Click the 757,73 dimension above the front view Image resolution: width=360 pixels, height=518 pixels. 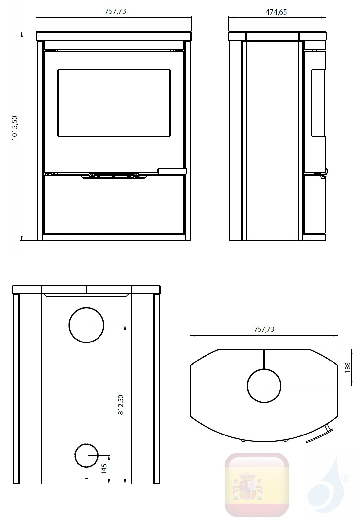point(115,11)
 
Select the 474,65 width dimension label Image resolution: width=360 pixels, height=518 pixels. point(276,12)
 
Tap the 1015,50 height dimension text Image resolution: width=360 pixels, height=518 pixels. point(15,128)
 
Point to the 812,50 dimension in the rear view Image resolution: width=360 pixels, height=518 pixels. point(121,405)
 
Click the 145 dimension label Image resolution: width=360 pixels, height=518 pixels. point(104,469)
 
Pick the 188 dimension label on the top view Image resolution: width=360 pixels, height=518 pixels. point(348,367)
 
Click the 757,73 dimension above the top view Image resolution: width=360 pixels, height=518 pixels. point(264,329)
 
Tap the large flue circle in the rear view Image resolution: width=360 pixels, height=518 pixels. point(86,325)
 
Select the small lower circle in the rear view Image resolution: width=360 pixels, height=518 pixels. point(86,455)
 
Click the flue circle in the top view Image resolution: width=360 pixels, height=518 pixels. point(264,386)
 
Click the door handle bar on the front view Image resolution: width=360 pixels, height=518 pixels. point(172,171)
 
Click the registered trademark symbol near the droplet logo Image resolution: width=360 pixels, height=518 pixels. point(345,479)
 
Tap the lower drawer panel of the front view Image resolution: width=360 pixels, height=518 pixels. point(114,205)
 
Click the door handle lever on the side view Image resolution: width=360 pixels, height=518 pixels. point(324,174)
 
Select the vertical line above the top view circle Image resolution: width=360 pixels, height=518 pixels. point(264,359)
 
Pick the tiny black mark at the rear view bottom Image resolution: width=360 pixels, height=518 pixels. point(86,478)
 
